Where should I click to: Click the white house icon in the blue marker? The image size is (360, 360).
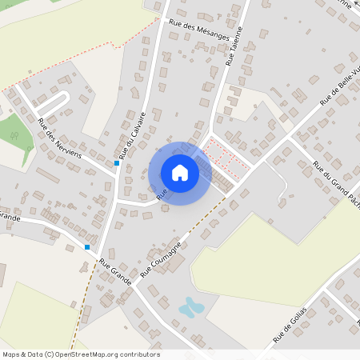click(180, 173)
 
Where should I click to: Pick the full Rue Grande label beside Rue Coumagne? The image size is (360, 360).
click(115, 266)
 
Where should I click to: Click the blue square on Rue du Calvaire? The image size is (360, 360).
click(117, 163)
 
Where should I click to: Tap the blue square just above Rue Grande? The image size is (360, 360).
click(87, 246)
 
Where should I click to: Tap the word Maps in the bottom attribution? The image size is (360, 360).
click(11, 354)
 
